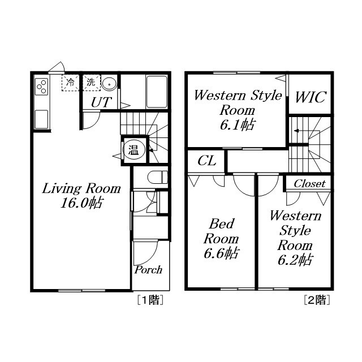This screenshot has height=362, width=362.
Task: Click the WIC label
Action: (x=311, y=97)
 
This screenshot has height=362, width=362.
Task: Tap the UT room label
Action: (x=101, y=102)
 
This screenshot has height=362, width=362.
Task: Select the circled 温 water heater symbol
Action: (x=134, y=151)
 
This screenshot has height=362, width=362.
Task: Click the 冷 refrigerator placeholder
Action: (x=70, y=83)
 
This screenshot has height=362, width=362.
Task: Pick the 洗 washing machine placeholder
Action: (x=92, y=83)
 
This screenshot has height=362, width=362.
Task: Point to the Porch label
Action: (x=148, y=270)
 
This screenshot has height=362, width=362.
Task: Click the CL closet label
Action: (x=207, y=161)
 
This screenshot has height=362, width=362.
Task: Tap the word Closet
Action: (x=309, y=184)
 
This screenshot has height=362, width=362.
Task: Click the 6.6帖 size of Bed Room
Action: (x=221, y=253)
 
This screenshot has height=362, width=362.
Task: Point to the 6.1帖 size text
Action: (x=238, y=125)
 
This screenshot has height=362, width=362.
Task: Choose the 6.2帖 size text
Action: (x=295, y=260)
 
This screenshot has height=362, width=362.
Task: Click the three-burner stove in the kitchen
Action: (x=41, y=87)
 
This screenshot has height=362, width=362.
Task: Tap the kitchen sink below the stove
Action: (x=41, y=119)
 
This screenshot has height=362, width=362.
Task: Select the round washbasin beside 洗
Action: (x=109, y=84)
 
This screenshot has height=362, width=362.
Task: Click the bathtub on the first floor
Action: (x=157, y=92)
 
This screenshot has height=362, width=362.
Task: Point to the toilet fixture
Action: (x=158, y=177)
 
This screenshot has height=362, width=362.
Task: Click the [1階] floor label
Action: (x=150, y=300)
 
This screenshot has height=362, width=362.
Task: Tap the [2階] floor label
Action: (x=317, y=300)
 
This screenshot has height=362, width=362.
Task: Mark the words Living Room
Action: (x=81, y=188)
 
